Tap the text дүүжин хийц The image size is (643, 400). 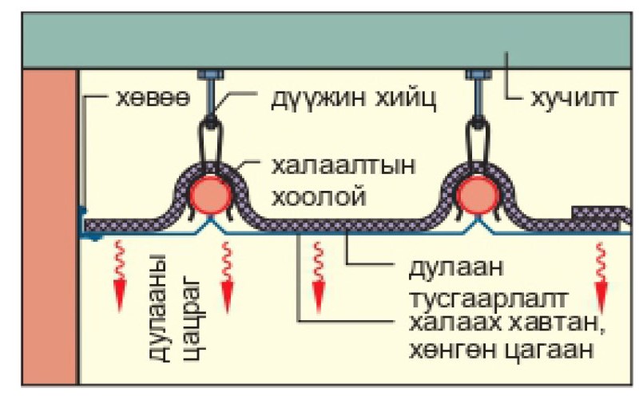point(347,101)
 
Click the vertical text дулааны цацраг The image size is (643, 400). point(178,307)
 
